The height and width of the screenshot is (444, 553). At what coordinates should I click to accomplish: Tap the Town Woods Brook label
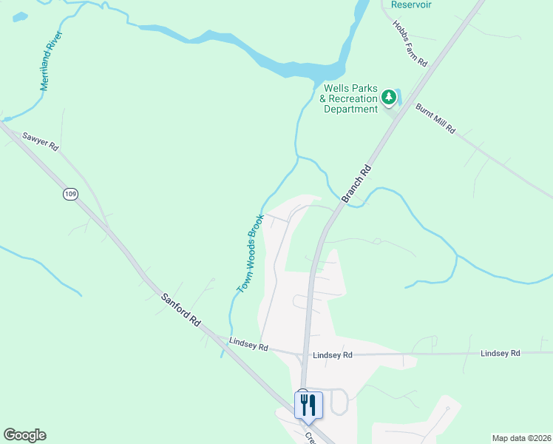click(251, 253)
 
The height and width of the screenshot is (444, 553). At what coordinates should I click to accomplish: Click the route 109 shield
click(70, 194)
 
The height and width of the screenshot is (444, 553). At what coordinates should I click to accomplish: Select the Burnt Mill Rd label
click(435, 118)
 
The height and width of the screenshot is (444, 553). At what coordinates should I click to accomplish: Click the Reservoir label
click(411, 4)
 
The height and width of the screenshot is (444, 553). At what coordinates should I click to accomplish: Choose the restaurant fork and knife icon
click(308, 405)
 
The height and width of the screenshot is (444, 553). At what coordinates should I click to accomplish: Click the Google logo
click(24, 435)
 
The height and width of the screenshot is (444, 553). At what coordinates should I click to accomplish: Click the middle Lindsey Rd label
click(333, 355)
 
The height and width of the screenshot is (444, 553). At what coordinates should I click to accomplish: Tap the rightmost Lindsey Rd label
click(501, 353)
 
